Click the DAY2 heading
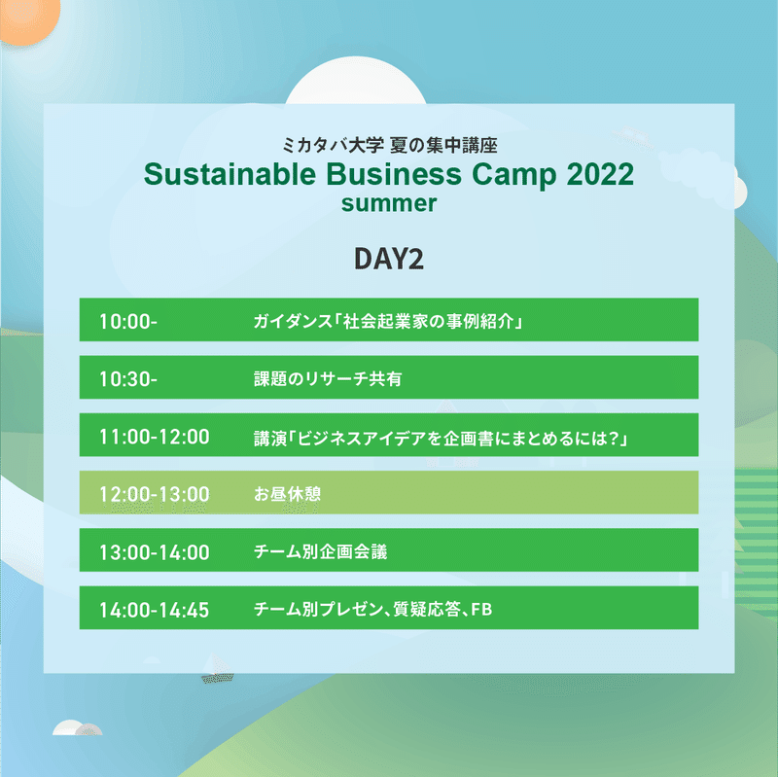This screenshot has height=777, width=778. (x=389, y=259)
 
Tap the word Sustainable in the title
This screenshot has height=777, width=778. (x=230, y=174)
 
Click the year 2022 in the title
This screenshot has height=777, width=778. (x=600, y=174)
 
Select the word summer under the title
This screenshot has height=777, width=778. (x=389, y=203)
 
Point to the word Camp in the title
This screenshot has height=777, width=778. (x=514, y=175)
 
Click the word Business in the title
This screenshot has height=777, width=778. (x=394, y=174)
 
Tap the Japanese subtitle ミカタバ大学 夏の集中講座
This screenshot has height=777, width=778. (x=390, y=145)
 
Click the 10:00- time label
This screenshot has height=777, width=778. (x=128, y=322)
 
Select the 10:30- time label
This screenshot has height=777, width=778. (x=128, y=379)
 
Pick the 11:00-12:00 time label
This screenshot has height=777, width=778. (x=155, y=437)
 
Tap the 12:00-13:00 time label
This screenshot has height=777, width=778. (x=155, y=494)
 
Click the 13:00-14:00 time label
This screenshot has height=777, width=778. (x=155, y=552)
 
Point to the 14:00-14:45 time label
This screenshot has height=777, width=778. (x=155, y=610)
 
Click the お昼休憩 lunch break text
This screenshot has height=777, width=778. (x=287, y=494)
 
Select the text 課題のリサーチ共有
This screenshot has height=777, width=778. (x=328, y=378)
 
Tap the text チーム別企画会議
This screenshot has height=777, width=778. (x=320, y=551)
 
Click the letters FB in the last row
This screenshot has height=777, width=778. (x=481, y=609)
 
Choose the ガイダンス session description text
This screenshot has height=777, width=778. (x=388, y=321)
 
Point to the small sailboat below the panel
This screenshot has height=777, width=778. (x=217, y=668)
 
